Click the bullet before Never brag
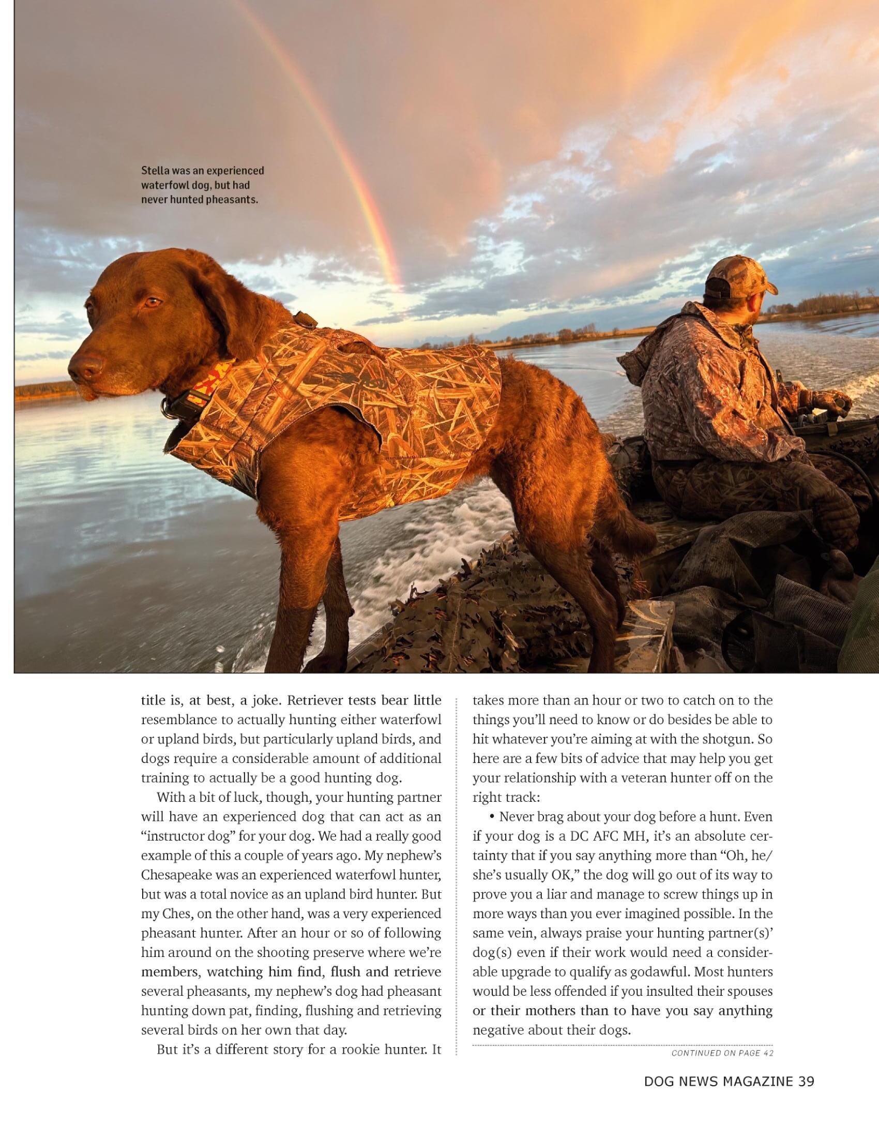tap(492, 816)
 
